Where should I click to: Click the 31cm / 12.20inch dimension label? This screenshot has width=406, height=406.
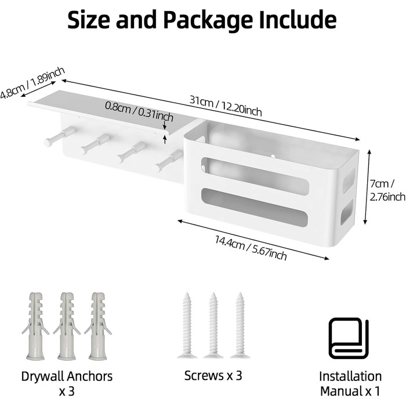pos(226,106)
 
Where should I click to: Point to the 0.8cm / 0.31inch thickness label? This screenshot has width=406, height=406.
pos(139,111)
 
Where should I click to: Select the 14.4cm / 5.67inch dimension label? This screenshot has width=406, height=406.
pos(251,248)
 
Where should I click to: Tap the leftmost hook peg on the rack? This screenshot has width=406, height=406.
pos(60,136)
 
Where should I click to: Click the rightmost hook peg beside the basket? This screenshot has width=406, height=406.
pos(169,161)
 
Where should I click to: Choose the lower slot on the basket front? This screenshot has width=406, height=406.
pos(255,208)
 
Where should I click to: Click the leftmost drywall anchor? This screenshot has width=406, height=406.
pos(35,326)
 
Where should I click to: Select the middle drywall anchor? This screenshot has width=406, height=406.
pos(67,326)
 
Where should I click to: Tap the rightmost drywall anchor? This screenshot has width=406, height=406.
pos(98,326)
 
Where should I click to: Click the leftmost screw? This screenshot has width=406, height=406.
pos(187,325)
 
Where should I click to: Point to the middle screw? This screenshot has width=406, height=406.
pos(213,325)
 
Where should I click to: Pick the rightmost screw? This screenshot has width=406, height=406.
pos(240,325)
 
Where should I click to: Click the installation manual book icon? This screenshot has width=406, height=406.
pos(349,338)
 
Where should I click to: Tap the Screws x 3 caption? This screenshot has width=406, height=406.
pos(213,375)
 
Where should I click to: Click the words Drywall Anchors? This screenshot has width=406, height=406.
pos(67,376)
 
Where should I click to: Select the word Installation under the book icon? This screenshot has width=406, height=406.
pos(350,376)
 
